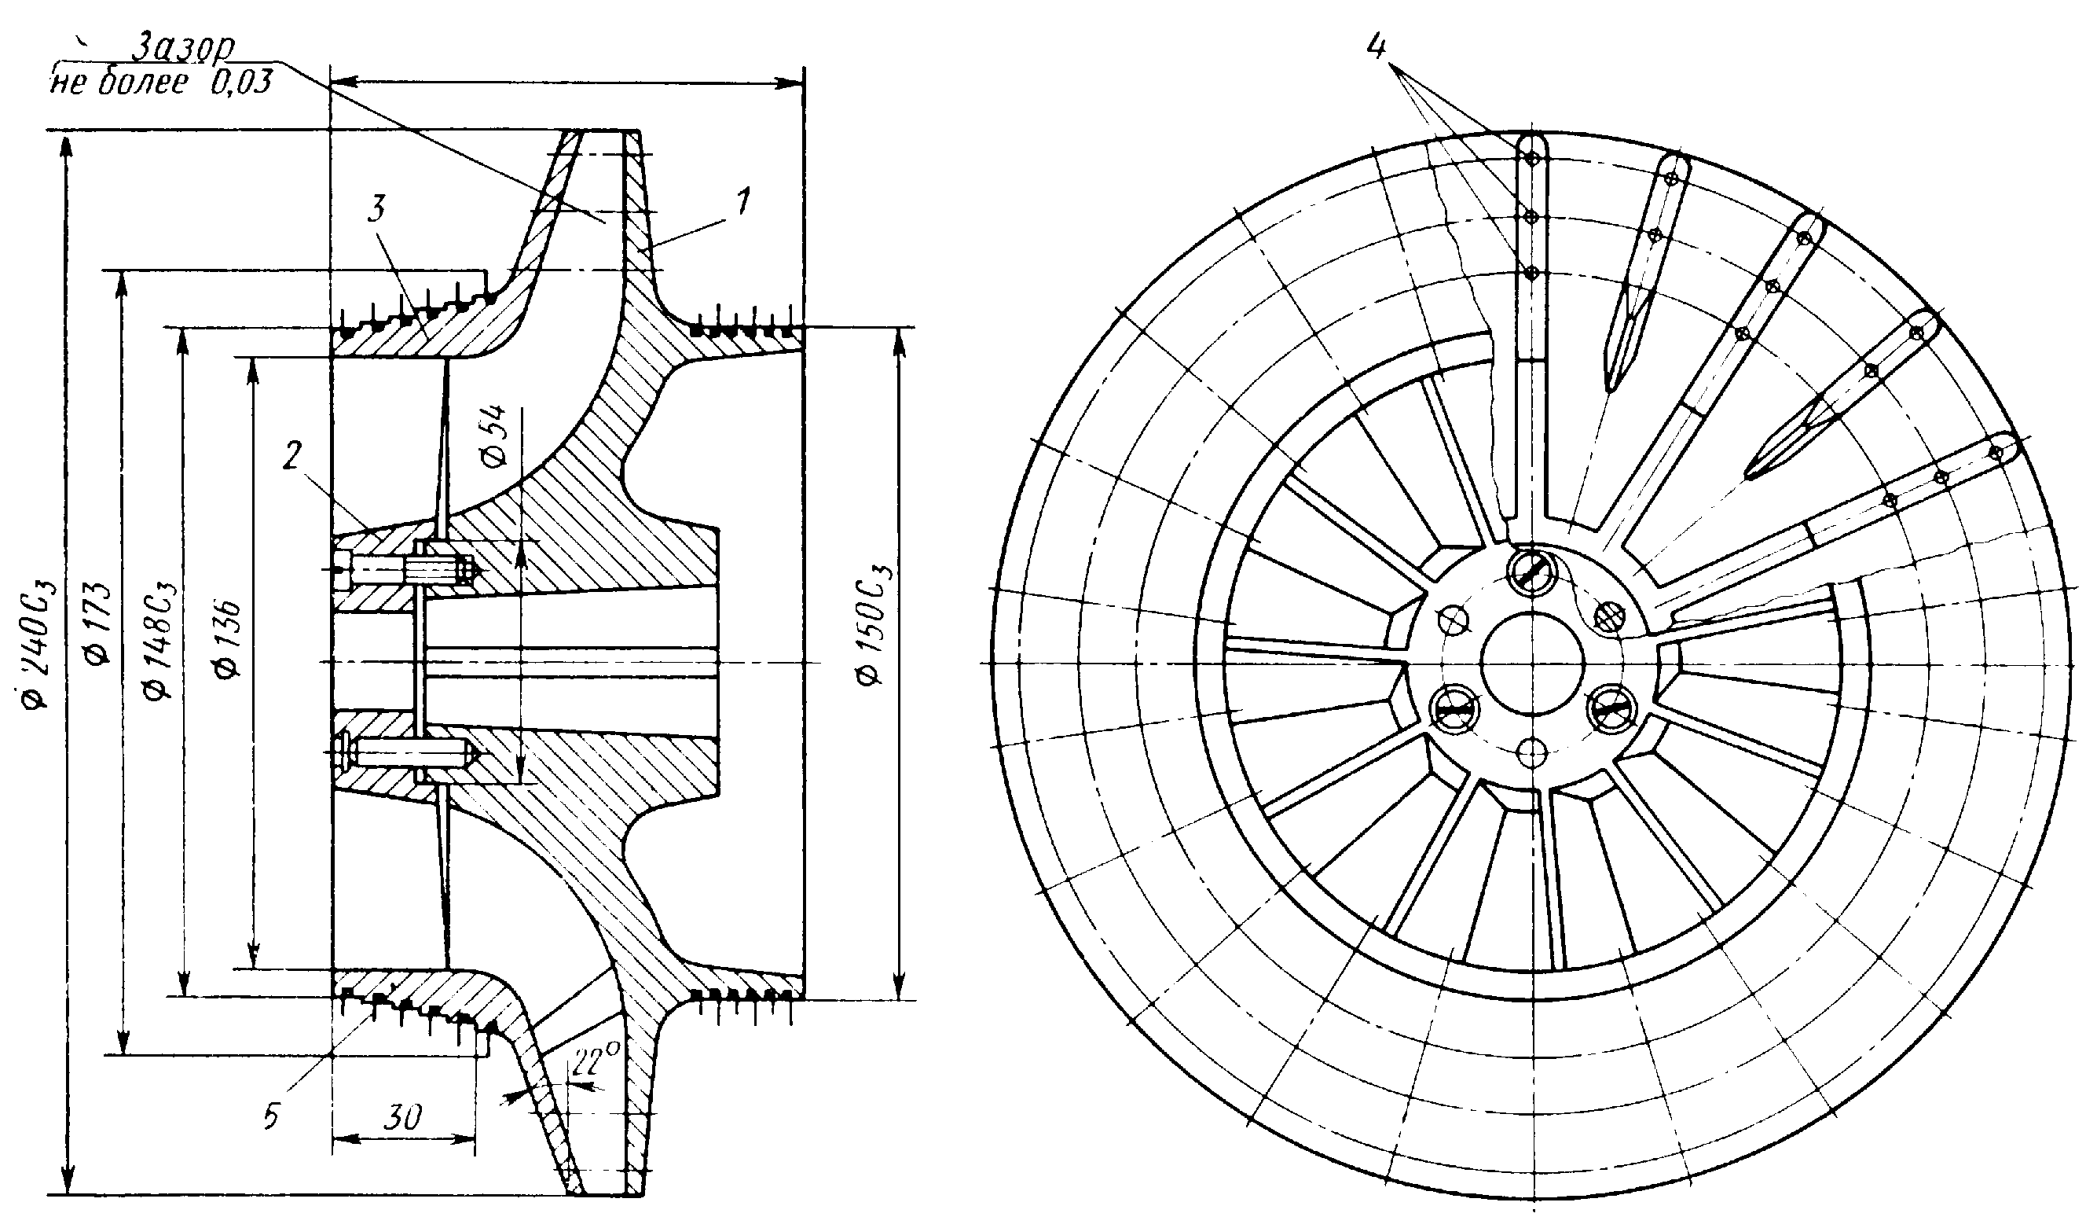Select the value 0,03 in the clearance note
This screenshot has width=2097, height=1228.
(240, 83)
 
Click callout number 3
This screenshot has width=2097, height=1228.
(377, 210)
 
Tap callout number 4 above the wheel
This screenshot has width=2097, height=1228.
(1377, 46)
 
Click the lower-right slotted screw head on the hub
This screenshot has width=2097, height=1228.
(1611, 708)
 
